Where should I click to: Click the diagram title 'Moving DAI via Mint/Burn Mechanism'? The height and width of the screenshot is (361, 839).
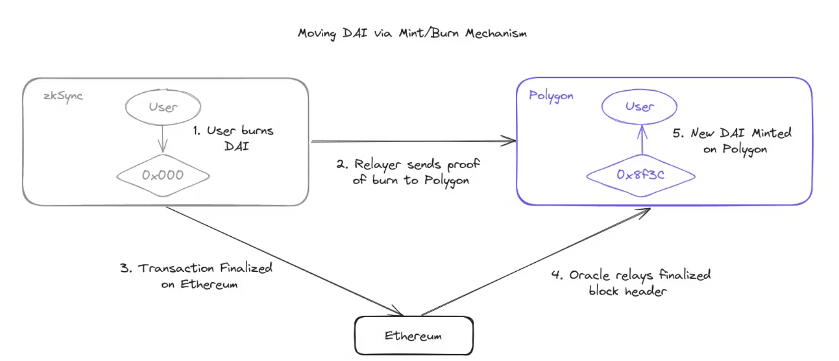(x=412, y=33)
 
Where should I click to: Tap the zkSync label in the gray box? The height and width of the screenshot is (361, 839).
(x=63, y=96)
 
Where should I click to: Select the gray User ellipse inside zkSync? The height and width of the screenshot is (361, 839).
(x=163, y=107)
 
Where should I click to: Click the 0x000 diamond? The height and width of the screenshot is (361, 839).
(x=163, y=176)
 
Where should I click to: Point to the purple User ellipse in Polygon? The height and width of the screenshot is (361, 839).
(x=639, y=106)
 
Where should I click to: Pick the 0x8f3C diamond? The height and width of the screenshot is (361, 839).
(x=640, y=175)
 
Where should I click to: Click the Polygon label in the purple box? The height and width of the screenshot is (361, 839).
(x=551, y=96)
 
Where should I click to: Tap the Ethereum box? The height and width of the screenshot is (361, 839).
(x=414, y=336)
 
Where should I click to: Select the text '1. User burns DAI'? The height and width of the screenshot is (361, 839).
(x=233, y=138)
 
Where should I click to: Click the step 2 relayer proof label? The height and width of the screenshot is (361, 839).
(x=409, y=172)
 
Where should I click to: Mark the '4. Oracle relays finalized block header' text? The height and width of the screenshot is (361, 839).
(x=630, y=283)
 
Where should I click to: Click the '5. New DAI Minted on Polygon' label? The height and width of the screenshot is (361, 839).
(x=732, y=141)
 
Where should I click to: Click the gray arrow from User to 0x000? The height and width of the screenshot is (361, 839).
(x=163, y=139)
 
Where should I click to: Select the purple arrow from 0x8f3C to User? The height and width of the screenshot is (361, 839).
(x=642, y=140)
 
